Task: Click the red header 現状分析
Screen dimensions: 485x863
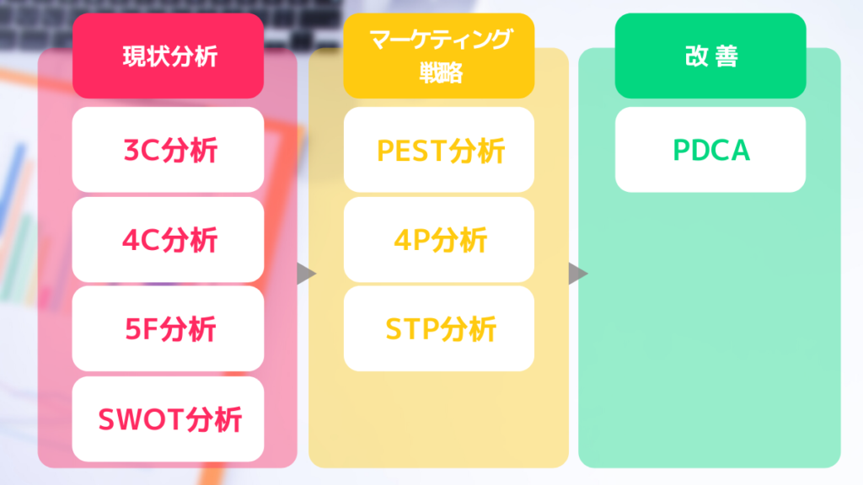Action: [168, 56]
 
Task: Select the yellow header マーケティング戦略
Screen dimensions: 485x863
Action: [439, 56]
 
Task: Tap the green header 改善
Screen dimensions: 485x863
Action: [710, 56]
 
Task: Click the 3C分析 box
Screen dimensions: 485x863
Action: [168, 150]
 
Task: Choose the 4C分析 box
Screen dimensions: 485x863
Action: [168, 239]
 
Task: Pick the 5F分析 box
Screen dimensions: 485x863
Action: [168, 328]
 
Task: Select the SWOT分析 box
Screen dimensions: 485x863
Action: [168, 418]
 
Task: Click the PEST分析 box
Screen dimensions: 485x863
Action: [439, 150]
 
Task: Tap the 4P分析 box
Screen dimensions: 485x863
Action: [439, 239]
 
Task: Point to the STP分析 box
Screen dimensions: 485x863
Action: [439, 328]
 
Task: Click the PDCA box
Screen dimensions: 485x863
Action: [710, 150]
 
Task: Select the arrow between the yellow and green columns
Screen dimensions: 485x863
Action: [578, 274]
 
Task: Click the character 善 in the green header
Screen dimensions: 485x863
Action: [726, 56]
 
